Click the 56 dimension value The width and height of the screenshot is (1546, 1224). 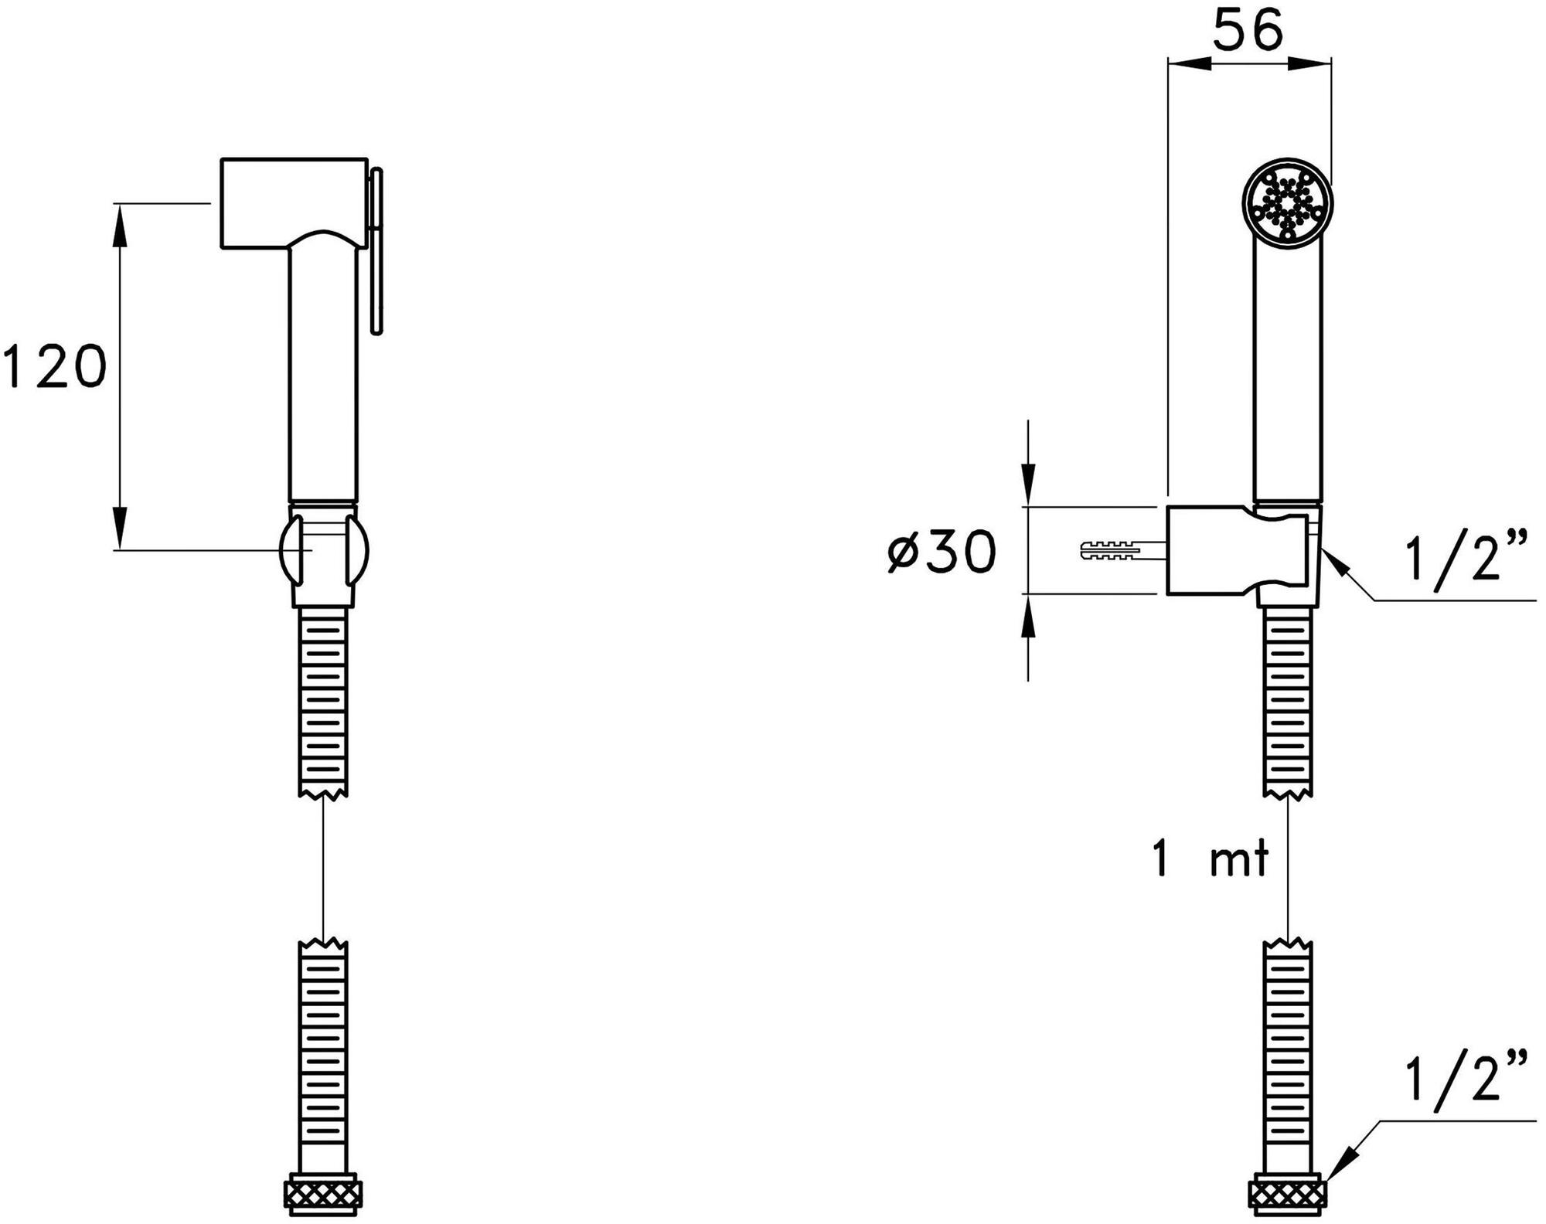pos(1248,32)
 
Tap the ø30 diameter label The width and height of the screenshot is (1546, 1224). pos(942,552)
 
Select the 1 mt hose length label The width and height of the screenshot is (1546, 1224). pos(1210,859)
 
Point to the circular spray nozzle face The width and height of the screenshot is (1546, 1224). pos(1288,205)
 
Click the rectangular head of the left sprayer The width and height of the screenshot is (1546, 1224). pos(294,202)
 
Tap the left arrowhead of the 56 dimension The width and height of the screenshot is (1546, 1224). pos(1183,64)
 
